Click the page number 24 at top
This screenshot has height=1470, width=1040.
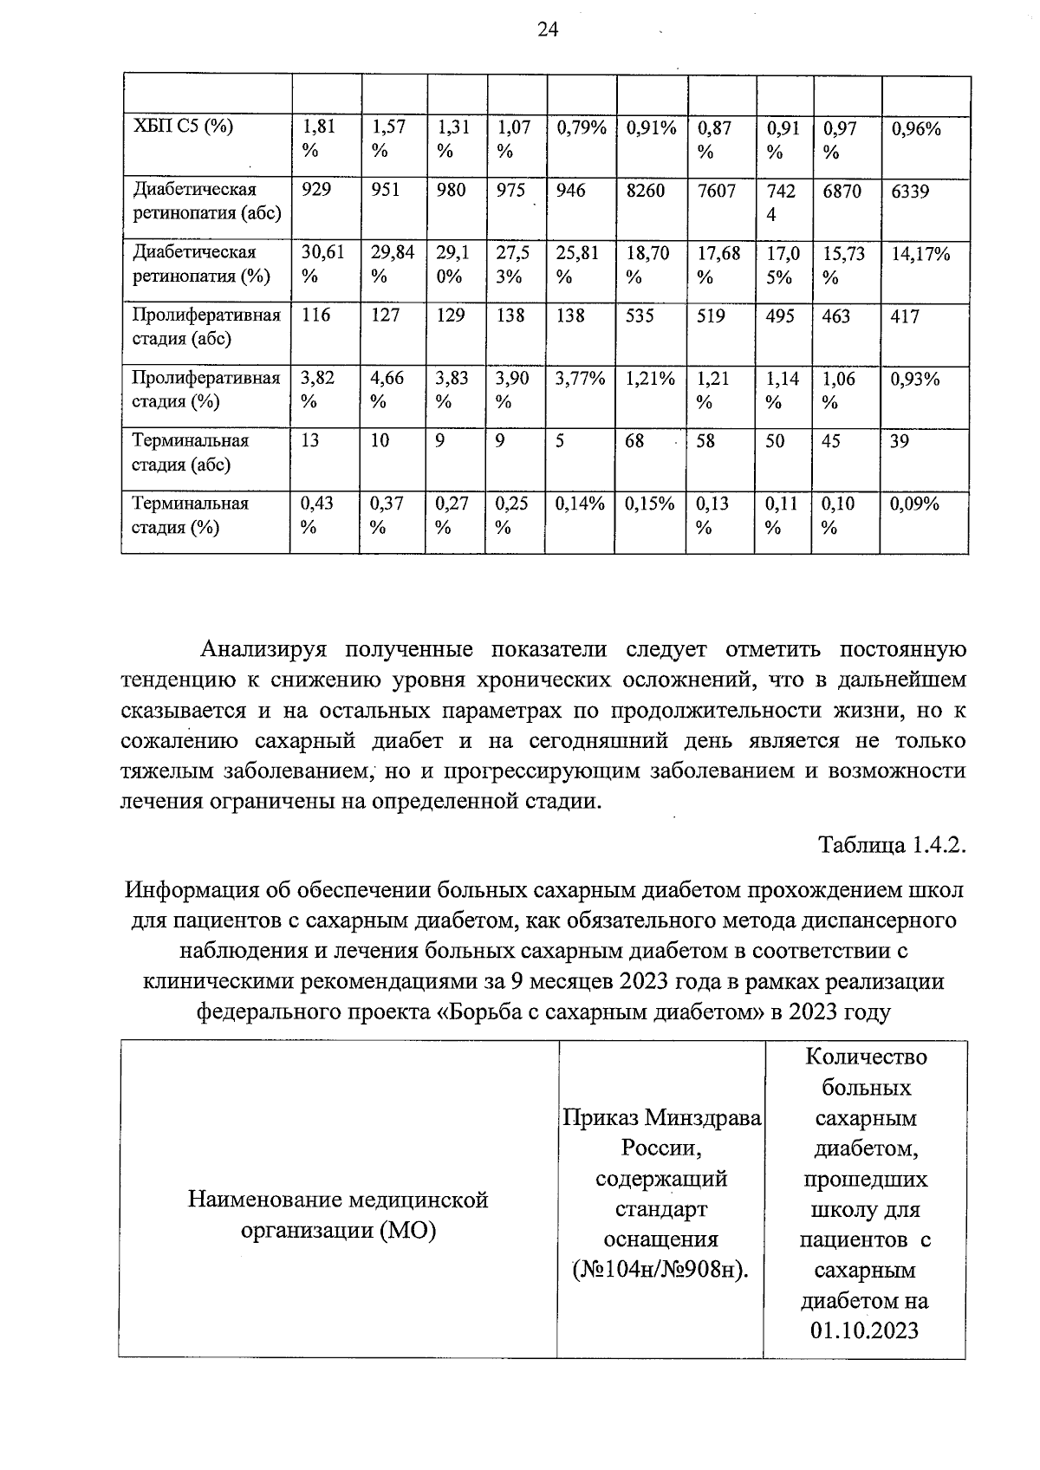point(548,30)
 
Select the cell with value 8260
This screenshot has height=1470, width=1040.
point(646,191)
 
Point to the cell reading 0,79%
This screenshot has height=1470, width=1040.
point(581,128)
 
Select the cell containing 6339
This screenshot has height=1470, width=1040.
point(911,191)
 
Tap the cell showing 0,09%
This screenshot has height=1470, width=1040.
point(915,504)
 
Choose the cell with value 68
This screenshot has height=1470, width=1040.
point(634,441)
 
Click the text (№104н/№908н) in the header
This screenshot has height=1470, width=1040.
point(660,1271)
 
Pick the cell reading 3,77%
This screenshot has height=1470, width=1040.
point(580,379)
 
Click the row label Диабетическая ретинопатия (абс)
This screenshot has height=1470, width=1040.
point(206,201)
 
